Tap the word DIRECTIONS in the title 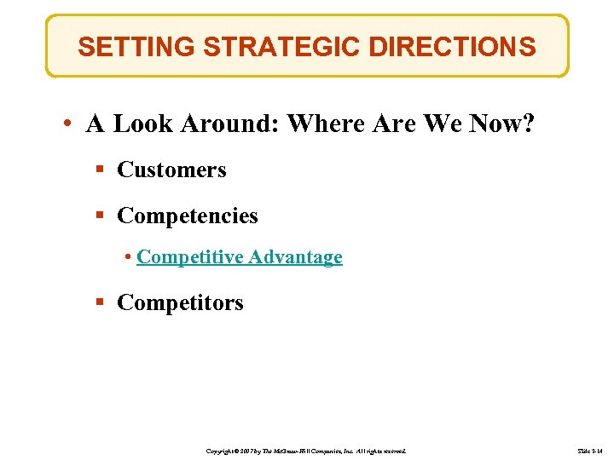(x=449, y=46)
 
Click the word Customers (x=171, y=170)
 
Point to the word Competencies (x=187, y=216)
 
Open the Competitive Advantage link (x=239, y=257)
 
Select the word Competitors (x=180, y=303)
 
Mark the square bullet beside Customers (x=100, y=170)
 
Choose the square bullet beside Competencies (x=100, y=216)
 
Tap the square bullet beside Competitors (x=100, y=303)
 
